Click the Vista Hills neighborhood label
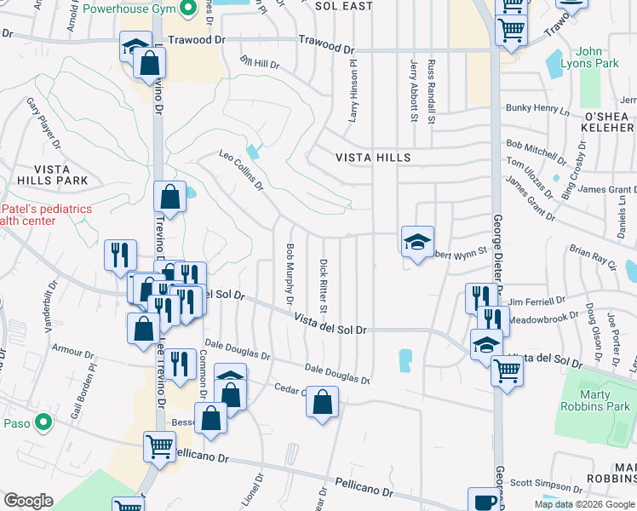[x=373, y=158]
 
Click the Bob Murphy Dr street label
[x=290, y=274]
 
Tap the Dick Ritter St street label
[x=324, y=284]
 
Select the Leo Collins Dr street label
[x=242, y=170]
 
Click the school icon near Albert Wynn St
[x=417, y=242]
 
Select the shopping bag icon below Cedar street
[x=323, y=404]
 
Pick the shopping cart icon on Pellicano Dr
[x=159, y=446]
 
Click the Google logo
[x=29, y=502]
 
